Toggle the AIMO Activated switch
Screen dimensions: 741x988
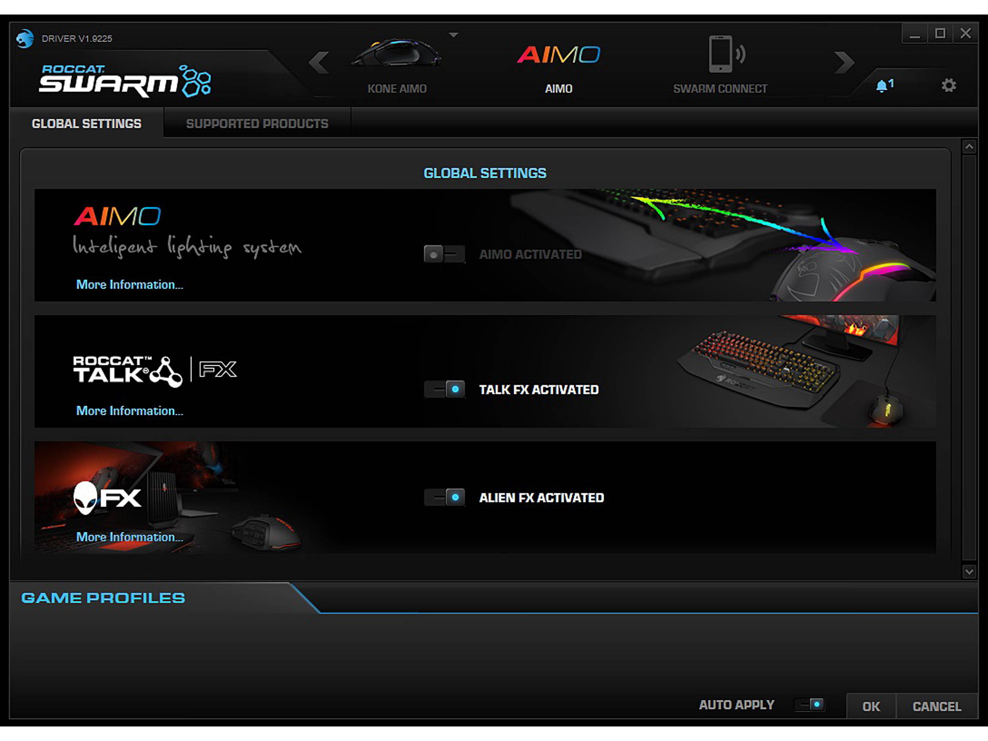click(444, 254)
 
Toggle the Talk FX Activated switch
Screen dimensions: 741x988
click(444, 389)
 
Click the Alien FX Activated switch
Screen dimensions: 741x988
click(444, 497)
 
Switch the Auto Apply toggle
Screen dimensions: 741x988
click(810, 705)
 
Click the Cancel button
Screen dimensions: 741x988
click(937, 707)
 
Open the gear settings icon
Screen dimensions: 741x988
click(948, 85)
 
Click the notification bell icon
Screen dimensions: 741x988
click(882, 86)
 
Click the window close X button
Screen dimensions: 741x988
click(965, 33)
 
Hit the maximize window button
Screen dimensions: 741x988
click(940, 33)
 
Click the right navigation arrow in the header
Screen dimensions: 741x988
click(844, 62)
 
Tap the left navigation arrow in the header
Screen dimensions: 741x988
click(319, 62)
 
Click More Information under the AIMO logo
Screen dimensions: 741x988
click(130, 284)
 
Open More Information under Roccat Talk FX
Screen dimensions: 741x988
click(130, 411)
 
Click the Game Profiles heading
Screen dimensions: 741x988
click(103, 598)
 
